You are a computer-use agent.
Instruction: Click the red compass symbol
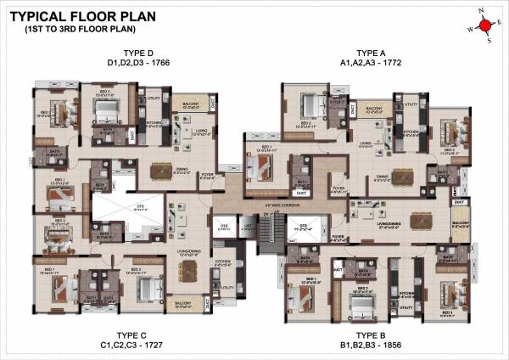click(486, 26)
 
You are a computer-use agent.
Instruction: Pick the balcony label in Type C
click(182, 302)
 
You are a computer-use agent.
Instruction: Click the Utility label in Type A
click(411, 104)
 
